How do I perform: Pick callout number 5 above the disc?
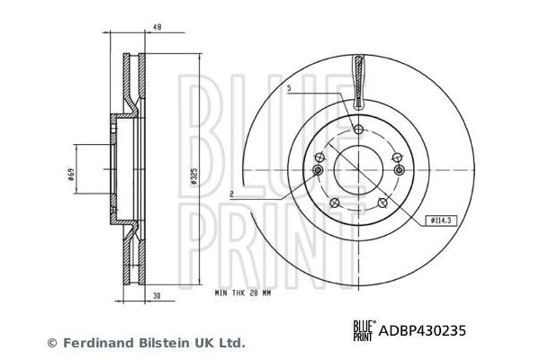290,88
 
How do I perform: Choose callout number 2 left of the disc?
231,193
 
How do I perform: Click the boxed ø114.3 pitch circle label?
440,219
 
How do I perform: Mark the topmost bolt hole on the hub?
359,131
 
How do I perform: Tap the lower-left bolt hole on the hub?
335,202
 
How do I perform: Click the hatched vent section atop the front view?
359,79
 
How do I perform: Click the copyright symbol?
50,343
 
